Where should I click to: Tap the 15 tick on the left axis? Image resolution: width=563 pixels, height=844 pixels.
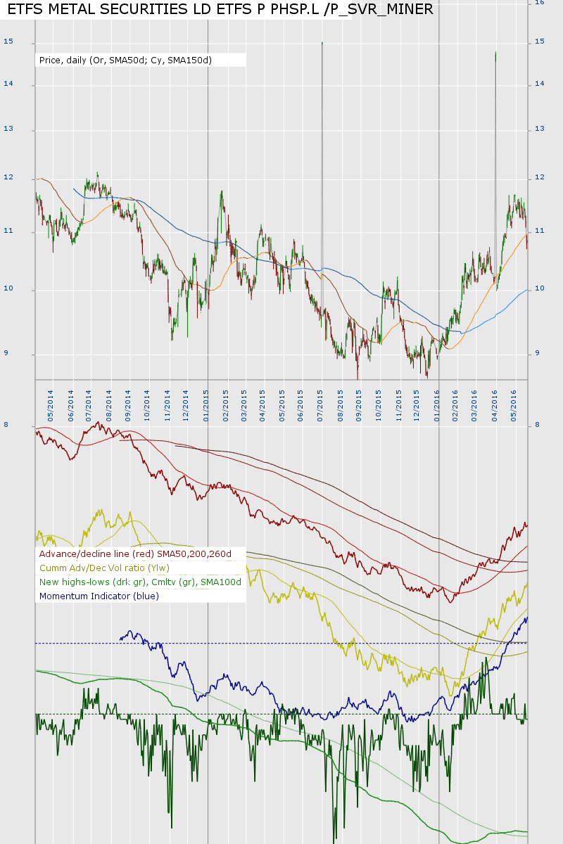[8, 42]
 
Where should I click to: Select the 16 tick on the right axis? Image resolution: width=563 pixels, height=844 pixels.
[540, 3]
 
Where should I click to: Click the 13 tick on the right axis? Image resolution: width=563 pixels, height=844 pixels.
[540, 129]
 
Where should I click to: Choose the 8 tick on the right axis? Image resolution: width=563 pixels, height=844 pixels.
[538, 425]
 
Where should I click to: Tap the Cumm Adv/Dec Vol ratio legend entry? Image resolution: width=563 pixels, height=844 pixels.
[105, 568]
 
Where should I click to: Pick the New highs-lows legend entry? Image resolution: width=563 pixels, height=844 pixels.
[141, 582]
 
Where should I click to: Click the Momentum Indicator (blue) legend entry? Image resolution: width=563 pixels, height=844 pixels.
[99, 596]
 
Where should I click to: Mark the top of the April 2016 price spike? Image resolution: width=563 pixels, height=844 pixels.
[495, 52]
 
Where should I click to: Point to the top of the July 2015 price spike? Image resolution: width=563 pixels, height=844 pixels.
[322, 42]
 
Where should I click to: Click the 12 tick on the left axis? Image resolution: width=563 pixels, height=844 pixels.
[8, 177]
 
